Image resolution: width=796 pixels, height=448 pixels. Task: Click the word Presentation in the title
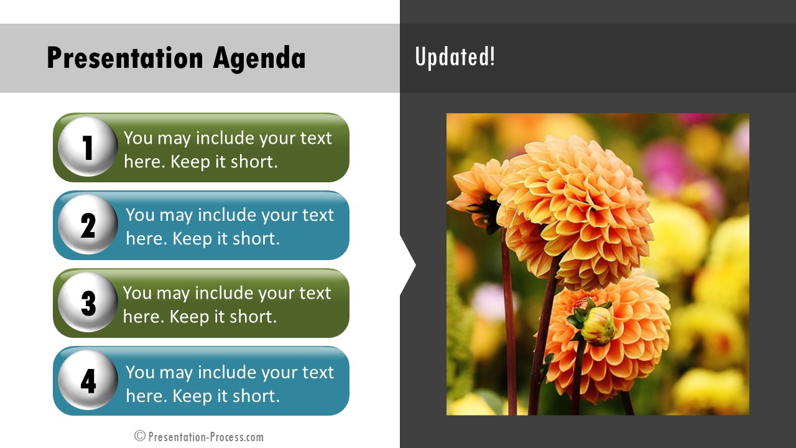click(125, 58)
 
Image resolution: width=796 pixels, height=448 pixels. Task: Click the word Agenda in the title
click(259, 58)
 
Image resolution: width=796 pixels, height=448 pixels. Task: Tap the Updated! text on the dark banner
click(455, 57)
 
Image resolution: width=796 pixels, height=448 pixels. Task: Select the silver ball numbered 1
click(88, 146)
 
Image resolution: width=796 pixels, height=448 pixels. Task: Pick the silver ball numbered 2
click(88, 224)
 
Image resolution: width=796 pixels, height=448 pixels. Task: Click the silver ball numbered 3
click(88, 302)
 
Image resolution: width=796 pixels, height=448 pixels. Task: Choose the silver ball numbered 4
click(88, 380)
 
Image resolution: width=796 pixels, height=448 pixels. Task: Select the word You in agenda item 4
click(141, 373)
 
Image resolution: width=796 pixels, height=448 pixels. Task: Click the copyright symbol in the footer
click(140, 436)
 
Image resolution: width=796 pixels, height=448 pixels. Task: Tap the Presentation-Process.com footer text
click(206, 437)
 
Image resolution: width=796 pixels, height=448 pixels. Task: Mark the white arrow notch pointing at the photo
click(407, 265)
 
